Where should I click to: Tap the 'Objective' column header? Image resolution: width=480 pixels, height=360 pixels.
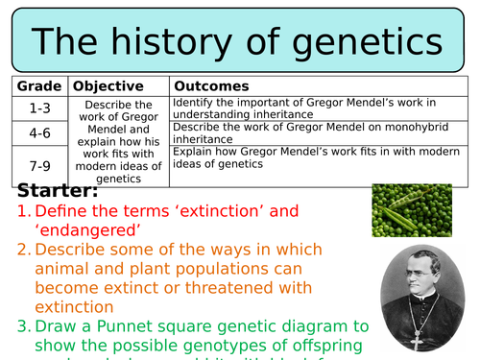108,86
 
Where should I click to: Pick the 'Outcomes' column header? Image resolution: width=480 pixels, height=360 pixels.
211,86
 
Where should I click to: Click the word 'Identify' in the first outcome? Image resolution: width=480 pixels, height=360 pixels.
195,102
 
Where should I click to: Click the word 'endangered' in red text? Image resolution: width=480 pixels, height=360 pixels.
96,229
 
